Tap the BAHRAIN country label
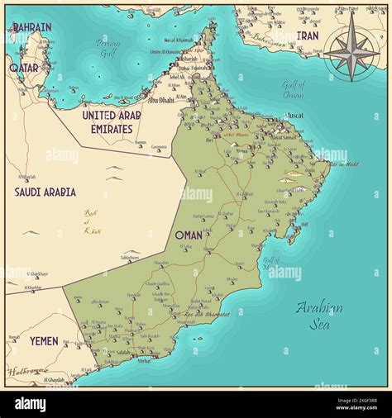point(31,27)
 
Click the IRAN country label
point(308,36)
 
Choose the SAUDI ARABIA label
point(46,192)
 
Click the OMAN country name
point(189,235)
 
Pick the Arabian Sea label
point(320,315)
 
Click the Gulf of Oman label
point(293,90)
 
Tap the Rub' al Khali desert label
point(92,222)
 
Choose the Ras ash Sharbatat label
point(208,314)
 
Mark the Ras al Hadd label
point(343,164)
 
